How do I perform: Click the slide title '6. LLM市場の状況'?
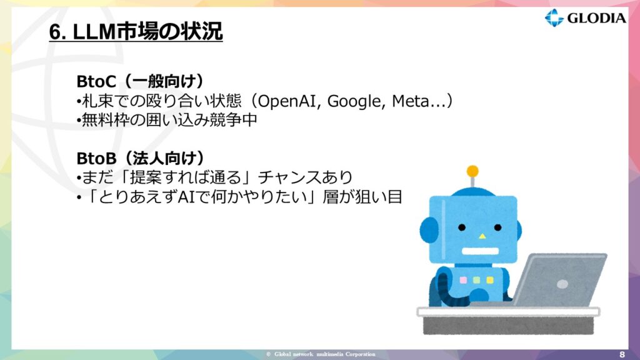(x=136, y=31)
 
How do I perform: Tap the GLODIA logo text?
(x=596, y=18)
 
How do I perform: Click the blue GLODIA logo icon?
(x=554, y=17)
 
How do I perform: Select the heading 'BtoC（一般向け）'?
(x=141, y=81)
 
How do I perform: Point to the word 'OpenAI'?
(x=286, y=101)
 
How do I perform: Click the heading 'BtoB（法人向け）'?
(x=141, y=158)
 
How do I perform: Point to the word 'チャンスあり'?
(x=305, y=177)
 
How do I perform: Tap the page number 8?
(x=622, y=354)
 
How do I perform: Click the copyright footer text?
(x=321, y=354)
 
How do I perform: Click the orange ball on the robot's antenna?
(x=472, y=171)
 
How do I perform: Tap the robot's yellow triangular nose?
(x=482, y=236)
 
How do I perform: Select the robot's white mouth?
(x=480, y=251)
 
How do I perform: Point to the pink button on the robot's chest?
(x=463, y=280)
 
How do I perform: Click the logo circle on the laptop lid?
(x=562, y=284)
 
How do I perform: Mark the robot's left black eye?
(x=462, y=227)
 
